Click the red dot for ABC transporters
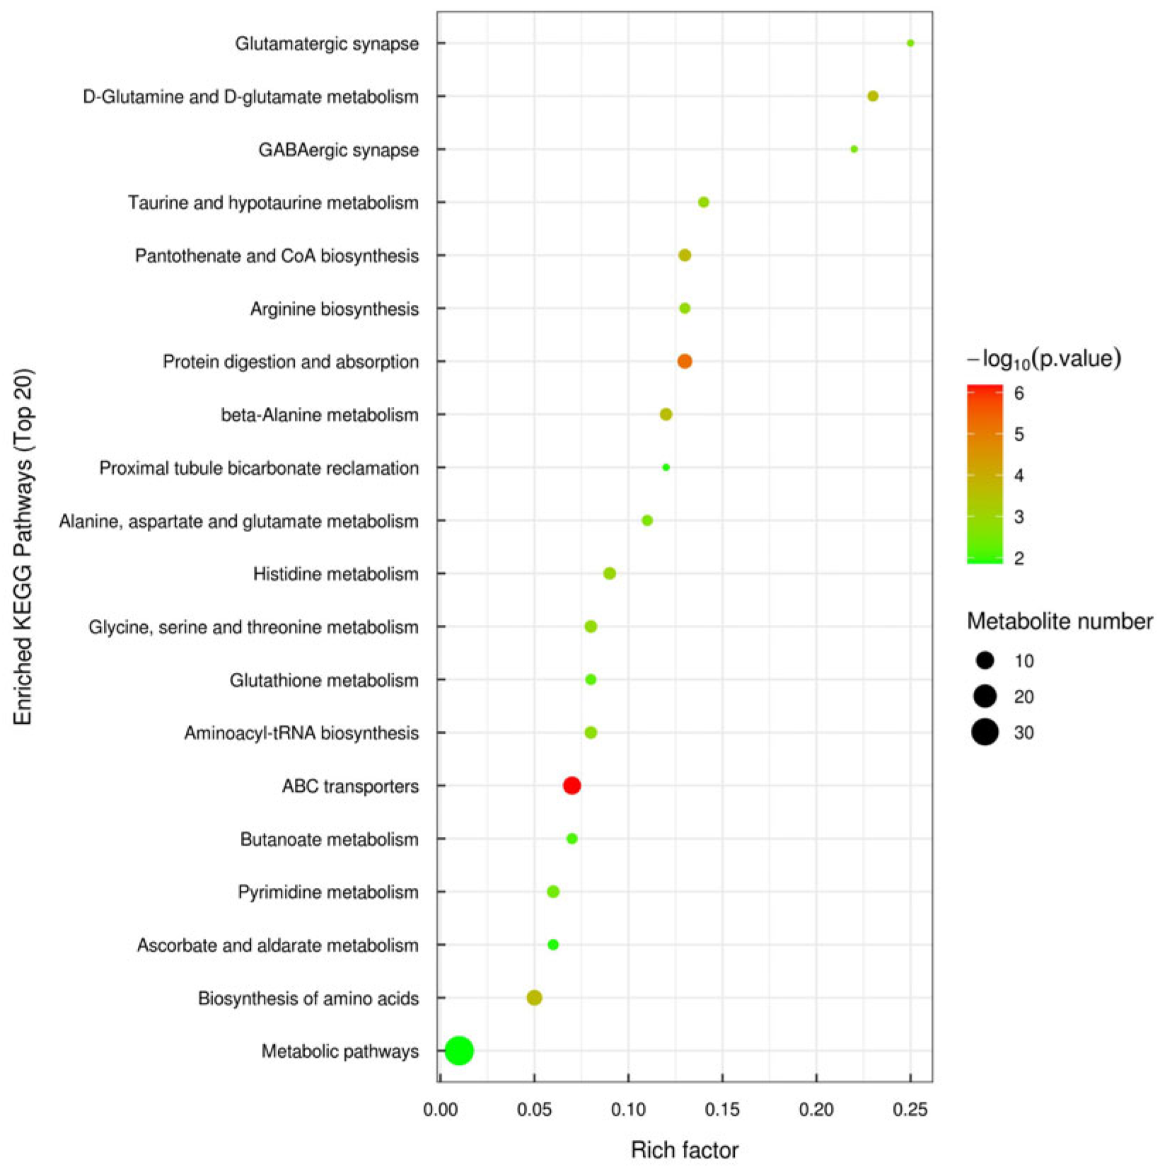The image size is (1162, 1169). tap(571, 785)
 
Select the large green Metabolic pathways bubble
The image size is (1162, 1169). tap(459, 1051)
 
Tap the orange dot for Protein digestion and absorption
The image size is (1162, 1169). tap(684, 362)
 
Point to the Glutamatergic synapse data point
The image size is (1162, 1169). tap(910, 43)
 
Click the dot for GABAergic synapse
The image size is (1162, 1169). tap(854, 149)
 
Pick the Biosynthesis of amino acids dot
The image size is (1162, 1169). tap(534, 998)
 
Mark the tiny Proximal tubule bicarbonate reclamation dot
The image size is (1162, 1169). tap(666, 468)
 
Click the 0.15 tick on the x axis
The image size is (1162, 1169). tap(722, 1110)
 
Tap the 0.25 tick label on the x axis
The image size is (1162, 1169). tap(910, 1110)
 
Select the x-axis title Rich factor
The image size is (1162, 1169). tap(684, 1150)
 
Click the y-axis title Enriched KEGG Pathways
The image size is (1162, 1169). tap(23, 546)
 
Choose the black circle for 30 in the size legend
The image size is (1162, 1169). tap(984, 732)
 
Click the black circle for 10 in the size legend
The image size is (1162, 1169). tap(984, 661)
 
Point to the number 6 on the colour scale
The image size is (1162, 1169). tap(1018, 393)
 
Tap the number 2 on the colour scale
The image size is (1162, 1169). tap(1018, 558)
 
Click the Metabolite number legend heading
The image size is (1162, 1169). tap(1059, 621)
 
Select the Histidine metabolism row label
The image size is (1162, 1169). tap(335, 574)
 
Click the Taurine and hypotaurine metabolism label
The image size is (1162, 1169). tap(273, 203)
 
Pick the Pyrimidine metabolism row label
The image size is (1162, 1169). tap(327, 892)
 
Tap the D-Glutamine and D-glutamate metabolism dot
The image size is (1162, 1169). tap(872, 96)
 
